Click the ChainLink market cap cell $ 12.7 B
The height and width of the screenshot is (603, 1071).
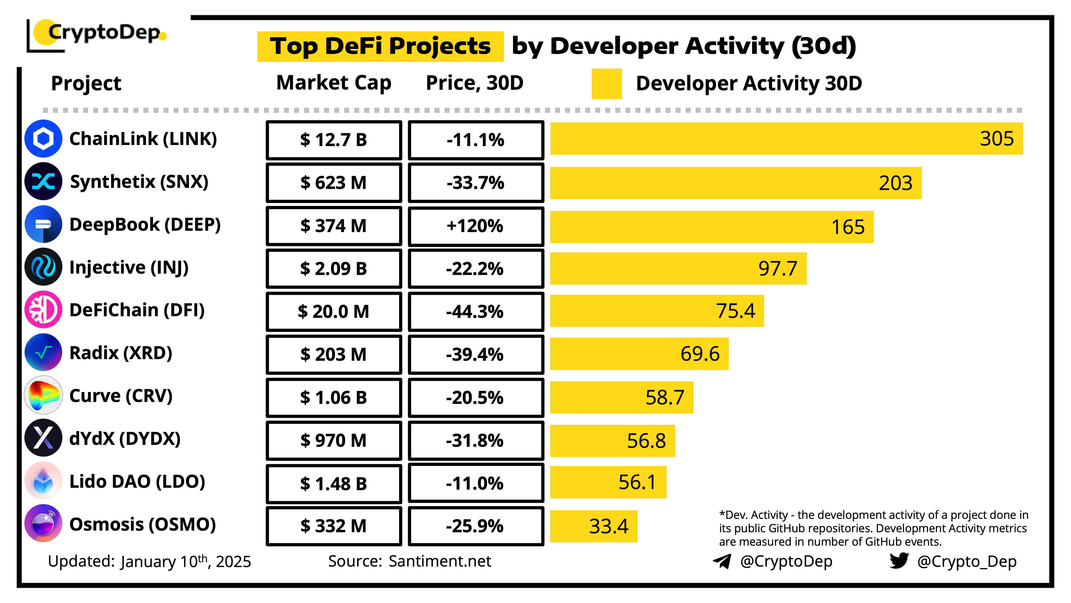333,140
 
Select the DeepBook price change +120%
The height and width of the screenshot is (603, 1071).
476,226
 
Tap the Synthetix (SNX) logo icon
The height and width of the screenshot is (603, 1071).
43,181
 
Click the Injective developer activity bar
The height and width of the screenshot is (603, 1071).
678,269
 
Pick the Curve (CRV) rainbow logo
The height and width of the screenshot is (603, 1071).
43,395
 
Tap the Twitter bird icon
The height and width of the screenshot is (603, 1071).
899,561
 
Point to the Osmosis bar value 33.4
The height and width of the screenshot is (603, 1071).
608,526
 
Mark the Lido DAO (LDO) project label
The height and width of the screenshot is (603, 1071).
137,482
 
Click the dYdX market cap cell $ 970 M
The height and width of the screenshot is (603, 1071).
333,440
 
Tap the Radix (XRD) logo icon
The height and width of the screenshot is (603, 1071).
43,352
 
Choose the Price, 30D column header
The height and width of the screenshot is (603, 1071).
474,83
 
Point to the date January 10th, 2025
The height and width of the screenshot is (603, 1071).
186,561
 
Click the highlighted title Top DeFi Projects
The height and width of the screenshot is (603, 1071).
380,46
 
